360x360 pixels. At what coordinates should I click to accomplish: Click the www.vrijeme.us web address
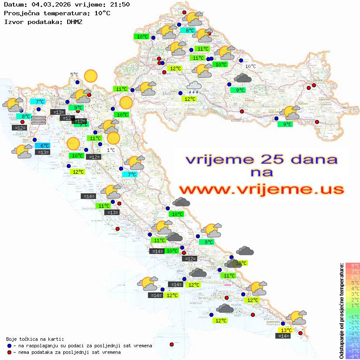point(261,189)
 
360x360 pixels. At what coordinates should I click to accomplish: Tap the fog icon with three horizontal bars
point(38,120)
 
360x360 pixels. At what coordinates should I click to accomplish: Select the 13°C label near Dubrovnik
point(286,330)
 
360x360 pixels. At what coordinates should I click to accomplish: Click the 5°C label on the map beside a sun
point(74,75)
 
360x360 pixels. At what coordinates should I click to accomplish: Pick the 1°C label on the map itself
point(111,150)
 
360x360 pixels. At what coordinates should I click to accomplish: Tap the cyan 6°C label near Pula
point(45,146)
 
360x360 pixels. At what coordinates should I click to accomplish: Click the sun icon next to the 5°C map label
point(91,76)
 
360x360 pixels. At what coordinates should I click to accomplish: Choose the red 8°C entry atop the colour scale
point(353,265)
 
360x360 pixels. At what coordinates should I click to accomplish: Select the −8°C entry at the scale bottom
point(353,356)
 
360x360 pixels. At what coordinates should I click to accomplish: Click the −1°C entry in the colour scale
point(353,316)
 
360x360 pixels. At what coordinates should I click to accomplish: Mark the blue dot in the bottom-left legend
point(10,346)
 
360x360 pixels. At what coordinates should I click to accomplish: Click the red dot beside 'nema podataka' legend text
point(10,352)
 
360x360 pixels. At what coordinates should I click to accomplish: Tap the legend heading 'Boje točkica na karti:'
point(35,339)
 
